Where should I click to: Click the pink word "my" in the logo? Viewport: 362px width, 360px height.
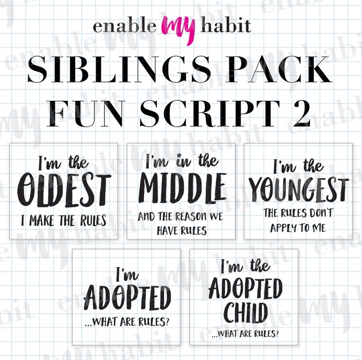178,30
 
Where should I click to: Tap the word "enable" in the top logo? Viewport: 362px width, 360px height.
124,26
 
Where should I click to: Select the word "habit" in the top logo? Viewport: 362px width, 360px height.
226,25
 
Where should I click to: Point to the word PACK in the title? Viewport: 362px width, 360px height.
279,69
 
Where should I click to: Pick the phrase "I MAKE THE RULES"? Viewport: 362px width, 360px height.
63,221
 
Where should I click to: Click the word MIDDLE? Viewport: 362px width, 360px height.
182,187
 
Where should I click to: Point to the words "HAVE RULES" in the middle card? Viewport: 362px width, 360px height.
182,230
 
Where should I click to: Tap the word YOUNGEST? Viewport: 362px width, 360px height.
299,190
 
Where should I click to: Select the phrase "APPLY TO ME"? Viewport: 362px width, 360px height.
298,228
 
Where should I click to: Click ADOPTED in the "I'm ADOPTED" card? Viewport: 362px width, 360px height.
128,298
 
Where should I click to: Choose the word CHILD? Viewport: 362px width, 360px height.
246,313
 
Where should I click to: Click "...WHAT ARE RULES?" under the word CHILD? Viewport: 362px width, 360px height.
245,334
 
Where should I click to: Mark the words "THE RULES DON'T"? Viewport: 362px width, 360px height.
298,213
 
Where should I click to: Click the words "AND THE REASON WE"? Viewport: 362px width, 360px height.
181,216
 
